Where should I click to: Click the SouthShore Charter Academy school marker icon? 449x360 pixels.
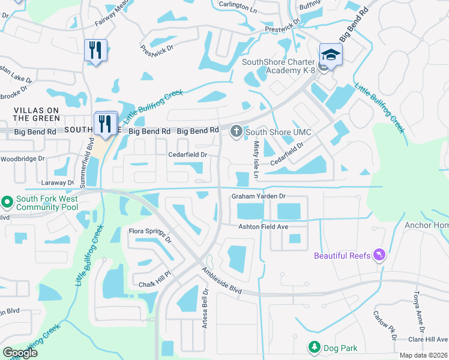coord(331,54)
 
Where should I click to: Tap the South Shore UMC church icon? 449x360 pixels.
coord(237,131)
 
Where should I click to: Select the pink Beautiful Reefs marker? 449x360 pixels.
coord(379,256)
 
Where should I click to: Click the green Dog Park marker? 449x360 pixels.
coord(313,347)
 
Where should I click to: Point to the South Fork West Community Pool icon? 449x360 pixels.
coord(7,202)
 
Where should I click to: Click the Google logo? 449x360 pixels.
coord(20,352)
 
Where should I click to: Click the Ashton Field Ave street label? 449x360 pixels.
coord(264,226)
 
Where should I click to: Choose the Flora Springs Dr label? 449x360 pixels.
coord(151,235)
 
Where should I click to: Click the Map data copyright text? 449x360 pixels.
coord(423,355)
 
